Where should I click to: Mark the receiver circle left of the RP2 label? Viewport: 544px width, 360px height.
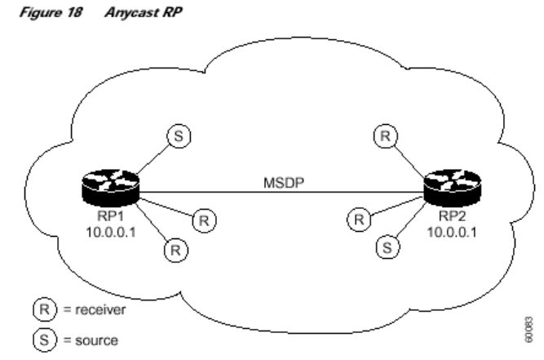pyautogui.click(x=356, y=218)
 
